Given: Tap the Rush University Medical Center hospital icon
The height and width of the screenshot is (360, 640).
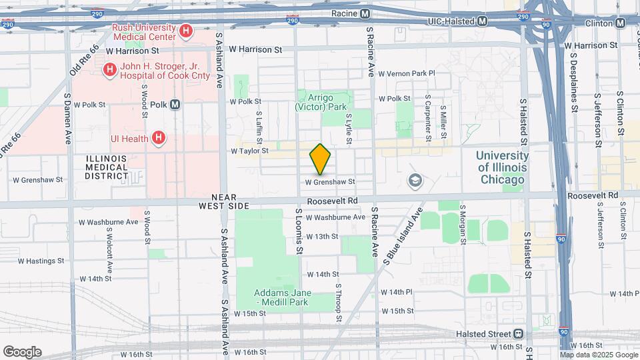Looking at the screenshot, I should click(x=186, y=31).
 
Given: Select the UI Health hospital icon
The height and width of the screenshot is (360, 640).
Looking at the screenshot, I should click(x=158, y=138).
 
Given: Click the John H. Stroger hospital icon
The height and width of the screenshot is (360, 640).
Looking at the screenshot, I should click(x=109, y=69).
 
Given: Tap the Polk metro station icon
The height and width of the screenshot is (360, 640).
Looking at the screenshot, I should click(x=175, y=105).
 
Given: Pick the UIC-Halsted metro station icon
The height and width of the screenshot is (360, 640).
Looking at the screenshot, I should click(x=481, y=21).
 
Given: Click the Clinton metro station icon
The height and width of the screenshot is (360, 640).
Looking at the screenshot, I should click(x=620, y=22).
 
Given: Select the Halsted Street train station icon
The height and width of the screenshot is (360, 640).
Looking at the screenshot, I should click(x=518, y=333).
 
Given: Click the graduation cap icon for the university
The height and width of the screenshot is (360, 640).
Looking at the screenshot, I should click(x=415, y=180).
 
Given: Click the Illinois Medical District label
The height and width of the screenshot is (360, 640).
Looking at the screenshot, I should click(x=107, y=167).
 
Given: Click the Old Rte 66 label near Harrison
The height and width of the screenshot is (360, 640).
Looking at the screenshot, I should click(x=85, y=59).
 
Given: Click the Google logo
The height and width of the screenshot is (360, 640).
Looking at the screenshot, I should click(x=22, y=352).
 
